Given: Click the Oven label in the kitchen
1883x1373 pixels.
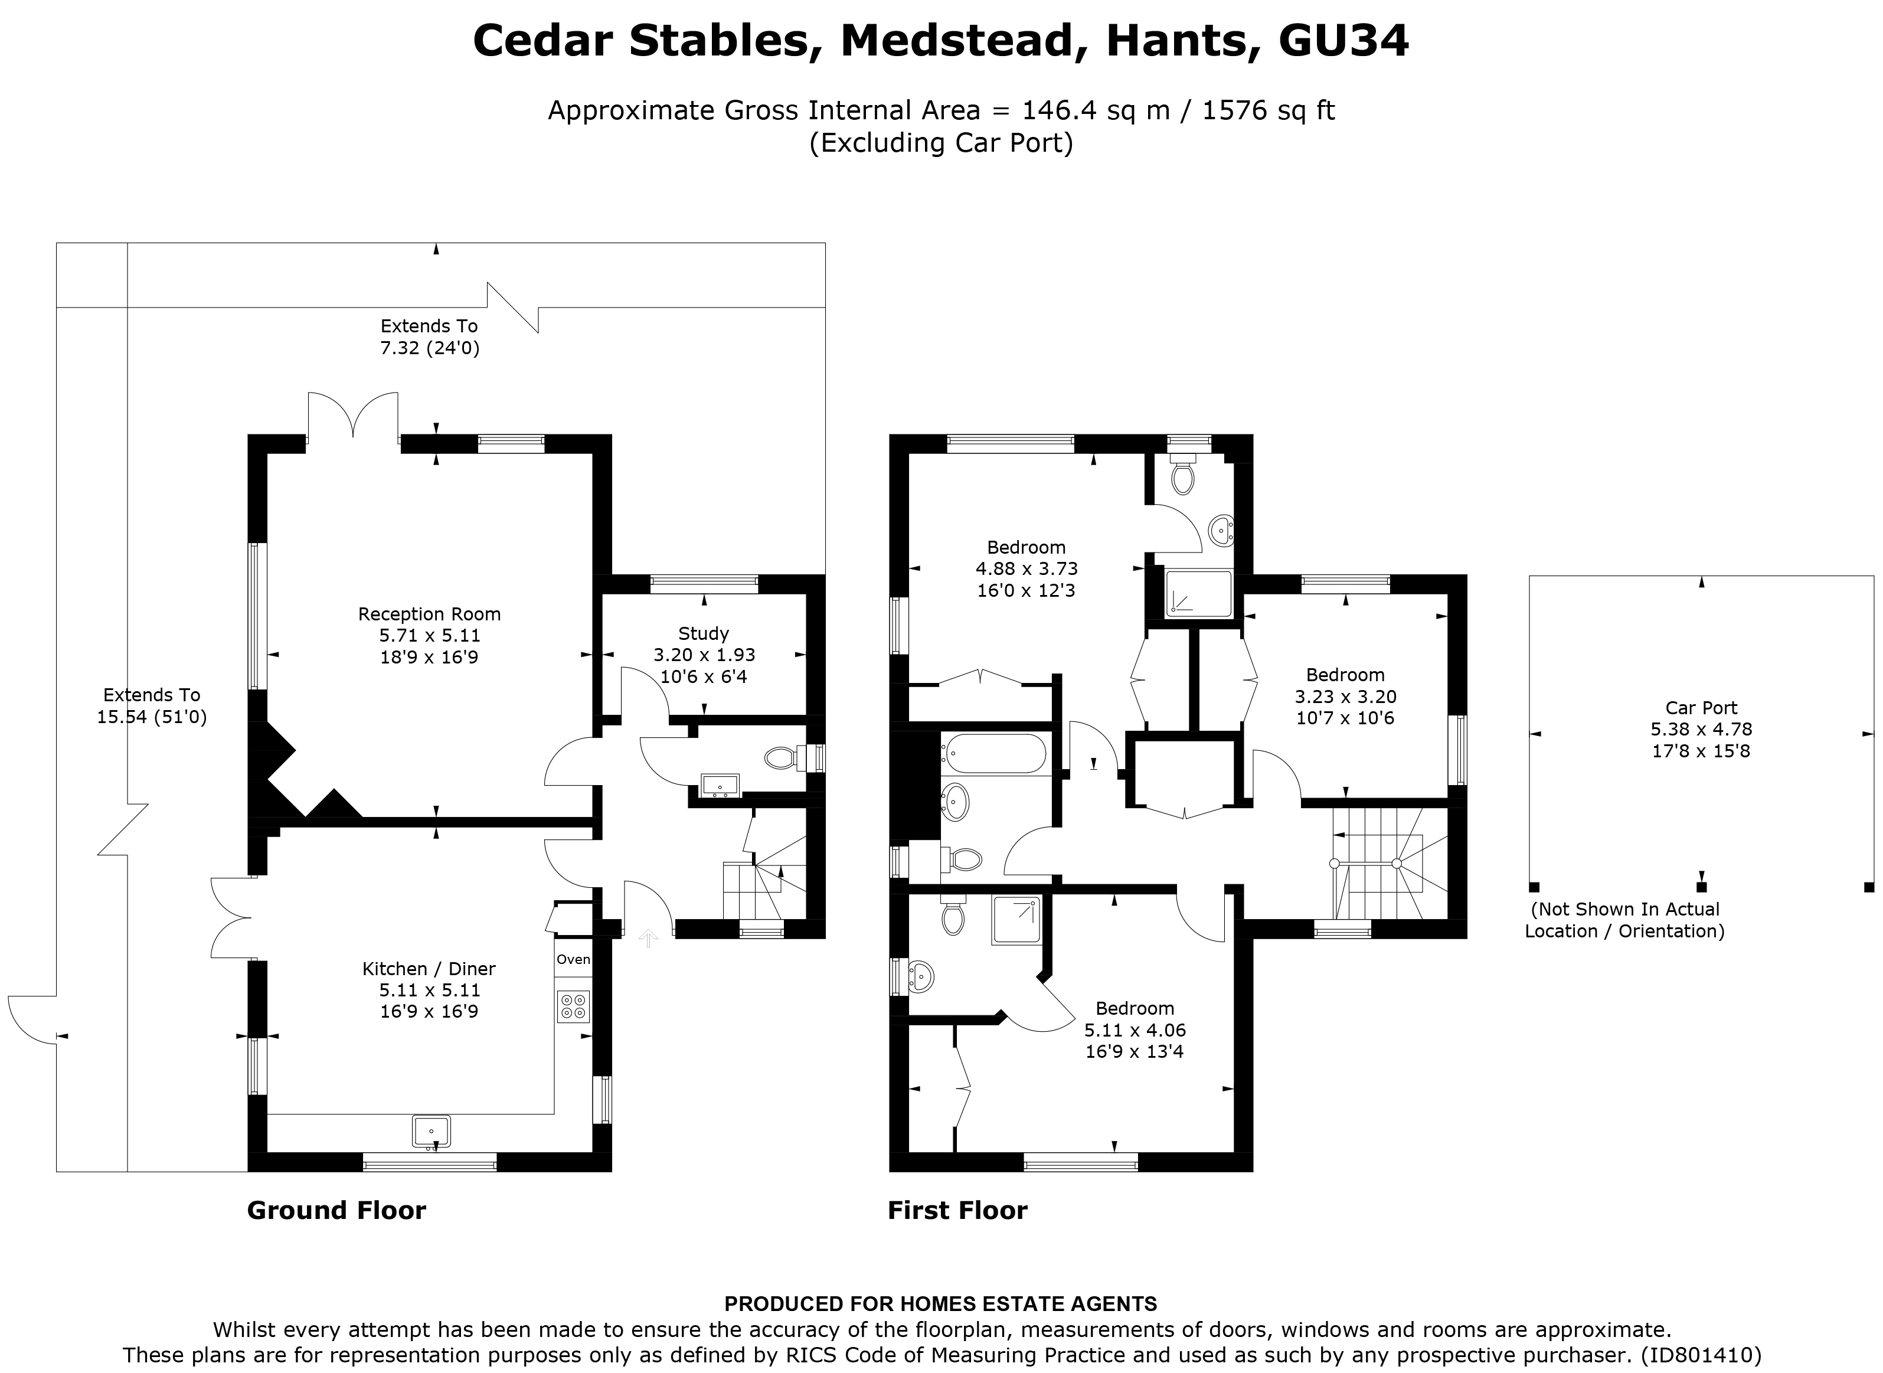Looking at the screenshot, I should click(573, 959).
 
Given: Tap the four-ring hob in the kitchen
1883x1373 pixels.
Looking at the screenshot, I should click(573, 1006).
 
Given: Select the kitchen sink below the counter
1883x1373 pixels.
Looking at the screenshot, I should click(431, 1131).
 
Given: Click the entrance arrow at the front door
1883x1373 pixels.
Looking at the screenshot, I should click(648, 939).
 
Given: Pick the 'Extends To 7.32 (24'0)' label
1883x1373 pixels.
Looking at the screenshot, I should click(430, 336).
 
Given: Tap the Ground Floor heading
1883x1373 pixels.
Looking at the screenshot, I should click(336, 1210).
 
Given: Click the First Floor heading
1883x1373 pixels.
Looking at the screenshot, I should click(957, 1210).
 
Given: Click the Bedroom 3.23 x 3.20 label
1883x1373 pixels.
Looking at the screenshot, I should click(1345, 697).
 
